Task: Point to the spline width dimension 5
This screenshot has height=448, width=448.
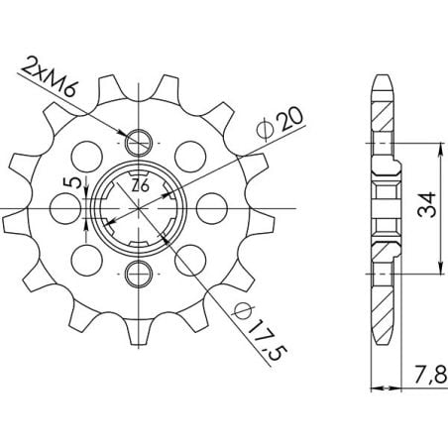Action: click(x=66, y=185)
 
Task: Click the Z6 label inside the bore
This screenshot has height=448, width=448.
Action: click(x=139, y=183)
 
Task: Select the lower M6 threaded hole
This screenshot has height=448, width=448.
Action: click(x=139, y=276)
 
